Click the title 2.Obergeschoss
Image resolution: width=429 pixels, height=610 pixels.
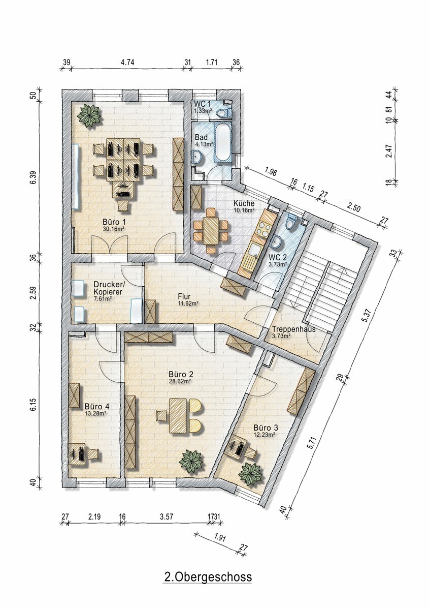point(208,577)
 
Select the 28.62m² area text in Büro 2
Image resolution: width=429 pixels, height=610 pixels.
point(179,381)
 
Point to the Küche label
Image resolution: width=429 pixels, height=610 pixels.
point(244,203)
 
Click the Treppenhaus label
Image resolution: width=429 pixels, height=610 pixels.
point(293,329)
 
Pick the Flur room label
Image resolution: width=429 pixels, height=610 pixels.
point(184,296)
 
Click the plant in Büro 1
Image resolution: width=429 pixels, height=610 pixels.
point(89,116)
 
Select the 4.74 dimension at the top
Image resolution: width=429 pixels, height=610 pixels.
point(127,63)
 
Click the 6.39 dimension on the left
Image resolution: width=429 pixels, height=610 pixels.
point(33,178)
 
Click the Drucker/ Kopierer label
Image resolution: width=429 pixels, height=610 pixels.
point(109,288)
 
